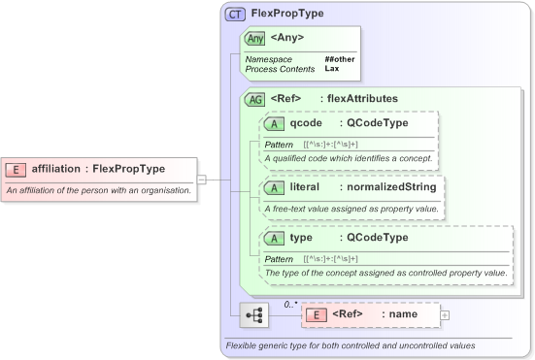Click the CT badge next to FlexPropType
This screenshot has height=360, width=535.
(x=235, y=14)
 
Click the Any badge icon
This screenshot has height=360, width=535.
(x=255, y=38)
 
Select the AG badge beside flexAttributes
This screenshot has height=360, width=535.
(x=256, y=98)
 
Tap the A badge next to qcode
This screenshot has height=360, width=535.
(x=275, y=123)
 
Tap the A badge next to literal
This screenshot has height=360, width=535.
(x=275, y=186)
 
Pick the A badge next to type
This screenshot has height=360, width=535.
(x=275, y=238)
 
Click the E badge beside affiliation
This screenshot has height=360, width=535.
(x=16, y=170)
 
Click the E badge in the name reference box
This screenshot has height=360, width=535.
(x=316, y=314)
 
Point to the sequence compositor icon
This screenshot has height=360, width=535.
(x=254, y=315)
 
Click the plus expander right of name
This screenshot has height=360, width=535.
(x=445, y=314)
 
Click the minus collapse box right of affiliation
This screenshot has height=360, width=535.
(x=202, y=179)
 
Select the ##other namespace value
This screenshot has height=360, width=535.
(x=340, y=59)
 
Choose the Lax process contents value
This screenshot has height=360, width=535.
(x=331, y=69)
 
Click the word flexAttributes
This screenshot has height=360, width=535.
(x=361, y=98)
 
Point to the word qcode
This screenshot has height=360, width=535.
(x=306, y=123)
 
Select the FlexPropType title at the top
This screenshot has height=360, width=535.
(x=287, y=14)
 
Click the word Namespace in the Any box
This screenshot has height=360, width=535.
(x=268, y=59)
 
